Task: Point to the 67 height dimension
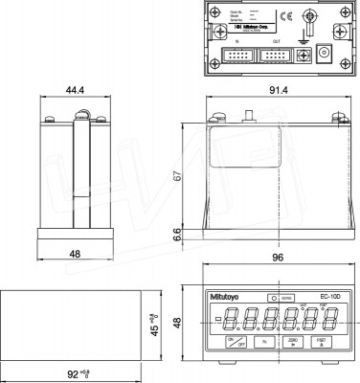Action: [x=178, y=176]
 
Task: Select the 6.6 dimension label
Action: [x=178, y=234]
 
